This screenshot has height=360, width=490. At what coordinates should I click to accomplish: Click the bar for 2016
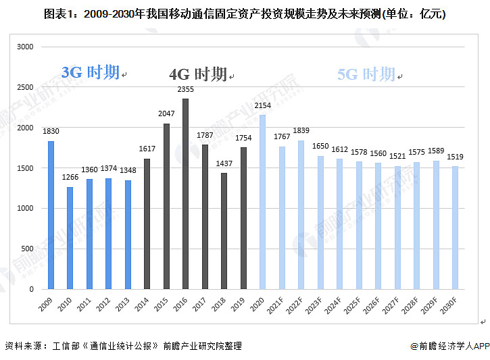(185, 194)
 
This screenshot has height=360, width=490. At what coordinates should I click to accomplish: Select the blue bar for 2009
(51, 215)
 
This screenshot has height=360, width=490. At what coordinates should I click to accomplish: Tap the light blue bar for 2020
(262, 202)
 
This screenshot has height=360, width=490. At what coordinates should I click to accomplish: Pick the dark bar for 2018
(224, 231)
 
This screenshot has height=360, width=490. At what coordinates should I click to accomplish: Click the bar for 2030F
(455, 228)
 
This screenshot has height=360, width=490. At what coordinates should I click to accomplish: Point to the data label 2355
(186, 90)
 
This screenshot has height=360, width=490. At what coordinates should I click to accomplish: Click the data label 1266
(70, 178)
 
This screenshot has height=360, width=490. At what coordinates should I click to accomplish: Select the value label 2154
(262, 105)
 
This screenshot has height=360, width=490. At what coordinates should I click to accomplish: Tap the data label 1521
(397, 156)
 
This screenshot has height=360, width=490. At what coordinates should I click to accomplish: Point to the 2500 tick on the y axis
(25, 87)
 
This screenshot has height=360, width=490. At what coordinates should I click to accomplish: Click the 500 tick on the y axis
(27, 249)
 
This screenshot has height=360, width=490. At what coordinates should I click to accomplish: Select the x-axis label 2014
(141, 305)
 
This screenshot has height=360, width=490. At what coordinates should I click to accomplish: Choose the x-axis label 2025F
(352, 305)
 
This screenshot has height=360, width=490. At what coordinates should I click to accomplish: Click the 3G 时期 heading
(91, 72)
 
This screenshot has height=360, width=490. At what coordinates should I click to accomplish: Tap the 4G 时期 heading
(198, 74)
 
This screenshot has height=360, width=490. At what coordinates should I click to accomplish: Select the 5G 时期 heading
(366, 74)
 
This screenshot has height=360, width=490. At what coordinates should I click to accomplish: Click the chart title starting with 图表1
(245, 14)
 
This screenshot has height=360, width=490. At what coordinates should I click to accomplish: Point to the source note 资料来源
(124, 346)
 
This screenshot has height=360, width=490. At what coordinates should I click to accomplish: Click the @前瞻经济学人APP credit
(449, 346)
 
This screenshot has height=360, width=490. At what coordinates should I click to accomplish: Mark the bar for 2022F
(301, 215)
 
